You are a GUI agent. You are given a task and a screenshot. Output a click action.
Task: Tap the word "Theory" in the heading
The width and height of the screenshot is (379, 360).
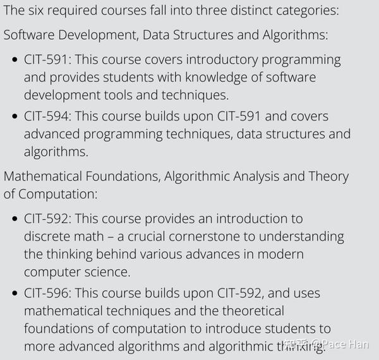pyautogui.click(x=328, y=176)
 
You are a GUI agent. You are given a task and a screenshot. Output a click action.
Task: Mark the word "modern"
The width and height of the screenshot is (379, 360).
pyautogui.click(x=280, y=255)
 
